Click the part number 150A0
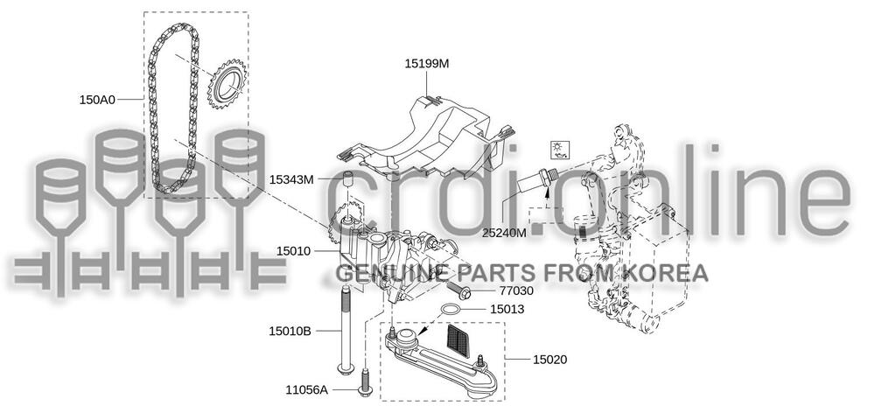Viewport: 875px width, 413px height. [98, 101]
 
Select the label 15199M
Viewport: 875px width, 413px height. [426, 64]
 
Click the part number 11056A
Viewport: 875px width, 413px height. [306, 389]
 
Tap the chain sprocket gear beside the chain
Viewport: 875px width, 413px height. [226, 88]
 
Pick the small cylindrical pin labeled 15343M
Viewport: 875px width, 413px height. [346, 182]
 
